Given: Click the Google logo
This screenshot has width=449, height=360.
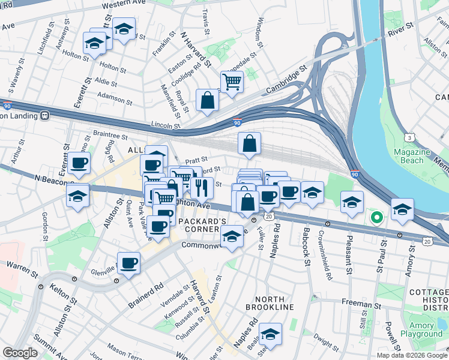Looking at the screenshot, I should (x=20, y=353).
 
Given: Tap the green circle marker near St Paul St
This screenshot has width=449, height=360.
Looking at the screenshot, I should (x=376, y=217).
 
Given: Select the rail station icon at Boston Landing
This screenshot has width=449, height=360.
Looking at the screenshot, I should (x=44, y=115).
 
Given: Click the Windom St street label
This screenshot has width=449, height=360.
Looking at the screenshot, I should (x=259, y=33).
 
